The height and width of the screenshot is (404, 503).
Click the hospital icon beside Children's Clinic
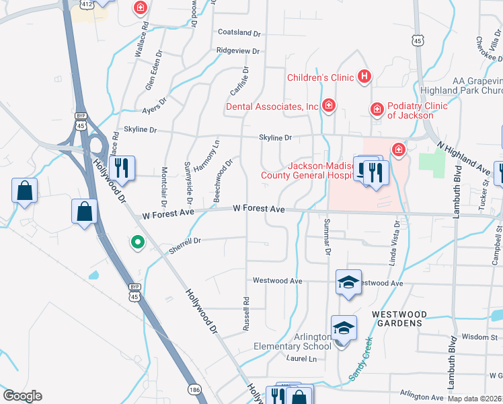364,77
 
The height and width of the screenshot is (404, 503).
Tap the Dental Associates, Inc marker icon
329,106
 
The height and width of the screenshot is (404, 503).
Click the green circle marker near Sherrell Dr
138,242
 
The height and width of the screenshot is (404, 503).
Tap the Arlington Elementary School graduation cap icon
343,328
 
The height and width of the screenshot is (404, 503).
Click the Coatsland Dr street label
239,32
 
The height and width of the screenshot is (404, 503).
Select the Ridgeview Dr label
237,50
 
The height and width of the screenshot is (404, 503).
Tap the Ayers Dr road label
154,110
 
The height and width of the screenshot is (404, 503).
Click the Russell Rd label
247,314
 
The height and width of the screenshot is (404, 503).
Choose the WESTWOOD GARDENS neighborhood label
399,318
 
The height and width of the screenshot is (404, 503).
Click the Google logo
22,397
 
